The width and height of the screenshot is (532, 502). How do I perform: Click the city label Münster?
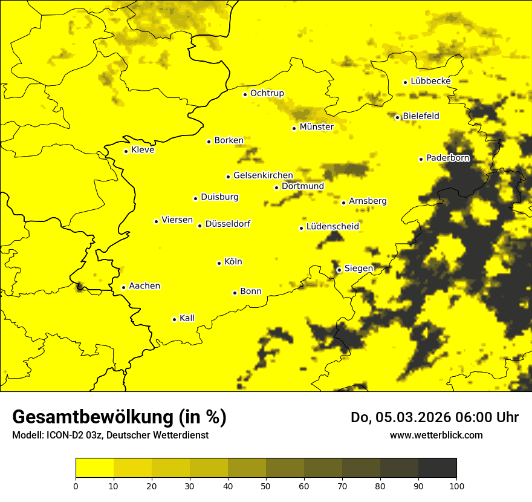pyautogui.click(x=316, y=127)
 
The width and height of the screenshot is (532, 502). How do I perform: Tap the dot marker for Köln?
pyautogui.click(x=219, y=263)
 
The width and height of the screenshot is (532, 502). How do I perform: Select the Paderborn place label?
pyautogui.click(x=447, y=158)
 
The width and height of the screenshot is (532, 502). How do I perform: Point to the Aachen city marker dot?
pyautogui.click(x=123, y=287)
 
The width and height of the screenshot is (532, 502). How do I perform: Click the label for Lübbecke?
pyautogui.click(x=430, y=81)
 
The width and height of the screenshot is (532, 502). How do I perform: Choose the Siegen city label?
pyautogui.click(x=358, y=269)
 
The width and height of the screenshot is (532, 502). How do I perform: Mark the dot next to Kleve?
pyautogui.click(x=126, y=151)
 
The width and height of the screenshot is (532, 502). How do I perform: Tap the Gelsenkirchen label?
pyautogui.click(x=263, y=175)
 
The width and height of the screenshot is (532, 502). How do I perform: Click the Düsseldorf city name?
pyautogui.click(x=227, y=224)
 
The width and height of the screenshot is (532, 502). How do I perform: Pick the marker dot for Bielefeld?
pyautogui.click(x=397, y=117)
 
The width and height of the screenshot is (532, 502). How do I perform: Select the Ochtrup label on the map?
pyautogui.click(x=267, y=93)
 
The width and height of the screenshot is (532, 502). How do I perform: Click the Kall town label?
pyautogui.click(x=187, y=318)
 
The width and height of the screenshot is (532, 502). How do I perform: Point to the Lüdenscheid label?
pyautogui.click(x=332, y=227)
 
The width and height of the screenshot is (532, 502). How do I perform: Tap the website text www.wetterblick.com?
pyautogui.click(x=436, y=435)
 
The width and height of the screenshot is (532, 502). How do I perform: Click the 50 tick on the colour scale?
pyautogui.click(x=266, y=485)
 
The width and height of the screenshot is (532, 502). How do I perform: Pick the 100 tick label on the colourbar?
pyautogui.click(x=456, y=485)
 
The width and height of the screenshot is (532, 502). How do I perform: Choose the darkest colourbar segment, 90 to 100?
pyautogui.click(x=437, y=468)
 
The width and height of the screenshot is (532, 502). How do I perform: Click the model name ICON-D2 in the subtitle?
pyautogui.click(x=63, y=435)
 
